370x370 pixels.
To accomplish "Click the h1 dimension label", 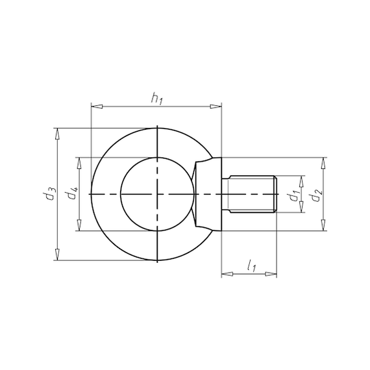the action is (x=157, y=99).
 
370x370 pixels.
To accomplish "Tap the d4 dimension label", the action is (x=71, y=192).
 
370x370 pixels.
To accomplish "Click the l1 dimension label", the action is (x=252, y=265).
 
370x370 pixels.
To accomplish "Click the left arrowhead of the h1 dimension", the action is (x=97, y=106).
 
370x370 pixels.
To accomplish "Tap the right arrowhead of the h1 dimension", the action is (x=216, y=106).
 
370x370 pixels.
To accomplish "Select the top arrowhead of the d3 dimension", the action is (x=56, y=134).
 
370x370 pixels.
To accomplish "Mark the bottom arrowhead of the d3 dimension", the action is (x=56, y=254).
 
